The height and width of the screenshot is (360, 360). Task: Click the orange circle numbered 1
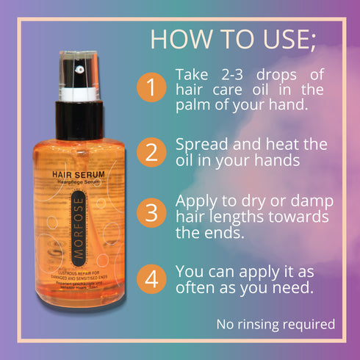click(151, 90)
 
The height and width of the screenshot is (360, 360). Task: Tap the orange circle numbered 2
click(151, 153)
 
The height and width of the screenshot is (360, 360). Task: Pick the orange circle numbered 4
click(151, 280)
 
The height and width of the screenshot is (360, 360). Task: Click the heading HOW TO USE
click(232, 39)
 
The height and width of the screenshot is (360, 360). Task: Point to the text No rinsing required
click(276, 323)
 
